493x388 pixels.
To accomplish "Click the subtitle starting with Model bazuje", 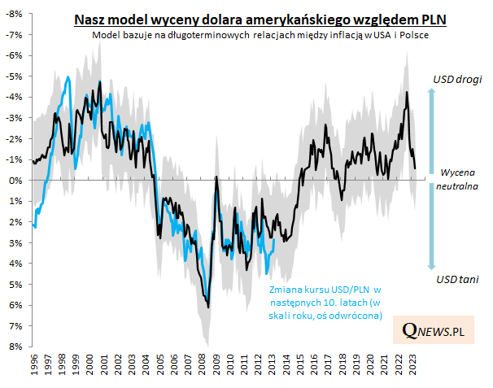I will (260, 36).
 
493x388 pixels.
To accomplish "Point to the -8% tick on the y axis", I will (13, 14).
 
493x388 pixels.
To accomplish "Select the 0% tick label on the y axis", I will (15, 181).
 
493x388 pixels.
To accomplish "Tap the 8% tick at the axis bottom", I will (15, 347).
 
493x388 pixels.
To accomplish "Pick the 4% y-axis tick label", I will (15, 264).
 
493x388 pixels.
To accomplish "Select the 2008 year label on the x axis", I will (203, 364).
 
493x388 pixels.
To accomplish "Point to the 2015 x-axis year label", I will (301, 364).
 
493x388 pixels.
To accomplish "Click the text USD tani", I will (456, 279).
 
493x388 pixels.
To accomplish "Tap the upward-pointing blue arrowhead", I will (433, 92).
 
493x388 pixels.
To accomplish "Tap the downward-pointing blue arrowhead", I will (433, 266).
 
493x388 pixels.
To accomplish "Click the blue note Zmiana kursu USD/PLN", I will (325, 302).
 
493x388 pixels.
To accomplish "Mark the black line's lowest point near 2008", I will (209, 307).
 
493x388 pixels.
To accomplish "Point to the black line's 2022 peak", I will (406, 92).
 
